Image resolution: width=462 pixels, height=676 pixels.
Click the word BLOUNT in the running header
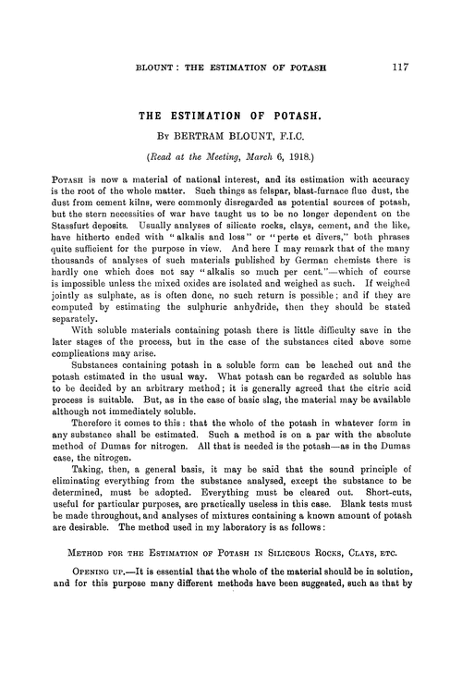[158, 68]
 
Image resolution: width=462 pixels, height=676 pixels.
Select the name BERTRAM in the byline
[209, 140]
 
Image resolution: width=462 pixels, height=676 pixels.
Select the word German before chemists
[322, 284]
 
